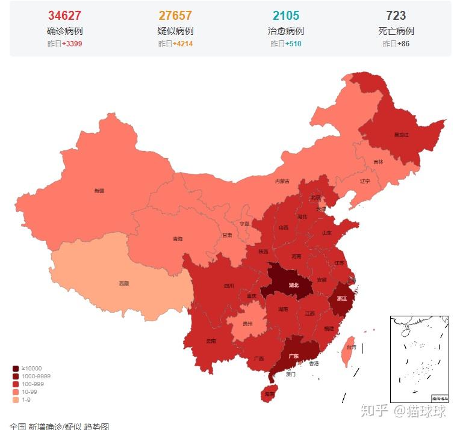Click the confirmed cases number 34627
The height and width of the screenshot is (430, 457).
(64, 16)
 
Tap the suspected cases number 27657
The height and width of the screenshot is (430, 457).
(175, 16)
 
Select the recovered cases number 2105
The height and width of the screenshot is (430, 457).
(285, 16)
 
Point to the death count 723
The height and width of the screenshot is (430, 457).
(396, 16)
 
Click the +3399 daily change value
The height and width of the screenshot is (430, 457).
(72, 44)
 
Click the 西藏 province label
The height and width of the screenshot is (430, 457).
(123, 283)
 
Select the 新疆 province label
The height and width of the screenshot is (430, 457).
(99, 191)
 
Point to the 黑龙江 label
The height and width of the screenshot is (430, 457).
(401, 135)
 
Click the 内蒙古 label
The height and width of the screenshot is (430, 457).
(282, 181)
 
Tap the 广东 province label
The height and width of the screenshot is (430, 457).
(294, 356)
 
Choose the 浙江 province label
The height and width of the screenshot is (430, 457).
(341, 298)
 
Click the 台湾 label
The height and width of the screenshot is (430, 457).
(351, 347)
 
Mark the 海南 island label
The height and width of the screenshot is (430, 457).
(269, 394)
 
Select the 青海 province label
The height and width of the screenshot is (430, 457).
(178, 239)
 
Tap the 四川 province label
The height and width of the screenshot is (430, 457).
(229, 286)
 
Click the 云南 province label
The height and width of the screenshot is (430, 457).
(211, 341)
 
